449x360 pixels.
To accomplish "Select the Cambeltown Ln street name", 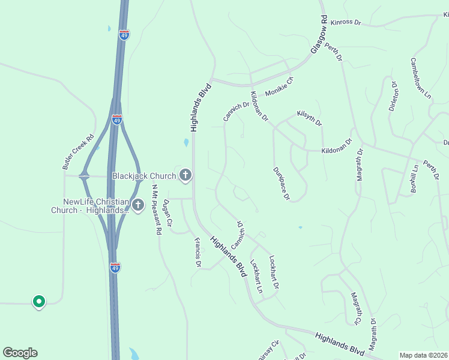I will click(420, 78).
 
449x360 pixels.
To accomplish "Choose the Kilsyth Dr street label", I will click(309, 118).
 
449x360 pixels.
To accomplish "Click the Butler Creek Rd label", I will click(79, 151).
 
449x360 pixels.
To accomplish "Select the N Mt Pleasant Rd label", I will click(156, 209).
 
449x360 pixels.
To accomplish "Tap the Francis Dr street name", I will click(197, 252).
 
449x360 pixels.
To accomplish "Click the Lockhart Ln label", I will click(256, 275).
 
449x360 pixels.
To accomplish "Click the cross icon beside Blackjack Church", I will click(185, 175).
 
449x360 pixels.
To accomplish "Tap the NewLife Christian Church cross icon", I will click(138, 206).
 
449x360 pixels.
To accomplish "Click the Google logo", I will click(20, 353).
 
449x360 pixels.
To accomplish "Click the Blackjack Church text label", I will click(144, 176).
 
